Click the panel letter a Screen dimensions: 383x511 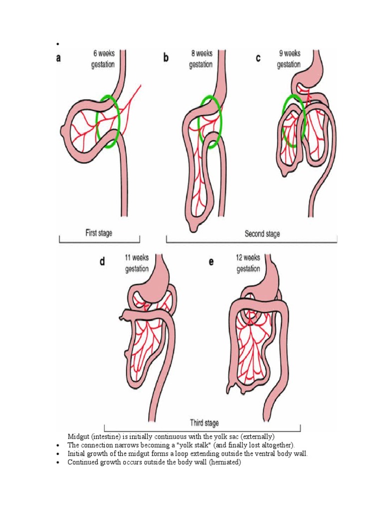point(59,58)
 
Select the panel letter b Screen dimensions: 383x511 point(166,58)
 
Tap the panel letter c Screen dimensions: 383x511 point(258,58)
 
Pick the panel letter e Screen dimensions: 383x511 point(211,261)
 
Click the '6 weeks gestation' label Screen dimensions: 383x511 point(103,58)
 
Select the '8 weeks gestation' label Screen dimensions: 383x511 point(200,58)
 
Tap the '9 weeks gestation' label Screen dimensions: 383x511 point(289,58)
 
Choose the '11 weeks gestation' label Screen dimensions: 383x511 point(137,263)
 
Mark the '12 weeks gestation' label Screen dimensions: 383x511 point(248,263)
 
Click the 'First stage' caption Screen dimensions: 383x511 point(100,232)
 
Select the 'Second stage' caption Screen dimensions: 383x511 point(262,233)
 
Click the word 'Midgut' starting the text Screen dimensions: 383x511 point(78,437)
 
